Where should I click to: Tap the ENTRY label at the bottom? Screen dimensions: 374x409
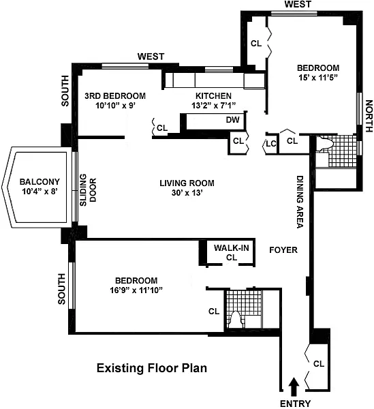pos(295,404)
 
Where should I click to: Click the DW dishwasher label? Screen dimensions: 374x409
pos(232,120)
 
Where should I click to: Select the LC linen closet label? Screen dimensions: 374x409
pos(270,143)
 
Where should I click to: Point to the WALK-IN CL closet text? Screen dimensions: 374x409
pos(232,252)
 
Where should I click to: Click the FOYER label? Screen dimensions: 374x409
pos(283,250)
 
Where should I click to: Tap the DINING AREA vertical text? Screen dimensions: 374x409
pos(300,202)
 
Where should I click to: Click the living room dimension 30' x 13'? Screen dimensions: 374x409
pos(187,193)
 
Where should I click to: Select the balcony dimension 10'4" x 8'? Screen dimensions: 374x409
pos(40,192)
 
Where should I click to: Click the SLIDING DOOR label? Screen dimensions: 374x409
pos(88,190)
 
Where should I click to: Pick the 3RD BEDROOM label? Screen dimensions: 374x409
pos(115,95)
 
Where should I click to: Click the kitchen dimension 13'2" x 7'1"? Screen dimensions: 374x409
pos(213,106)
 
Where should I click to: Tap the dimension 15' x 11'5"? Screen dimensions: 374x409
pos(318,78)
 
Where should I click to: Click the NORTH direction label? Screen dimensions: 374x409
pos(369,116)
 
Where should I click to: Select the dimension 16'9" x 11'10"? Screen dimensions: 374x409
pos(136,290)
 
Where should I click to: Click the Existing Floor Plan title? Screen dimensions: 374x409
pos(152,368)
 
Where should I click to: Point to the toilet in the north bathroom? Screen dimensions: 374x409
pos(324,143)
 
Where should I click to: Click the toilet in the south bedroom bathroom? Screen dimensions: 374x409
pos(236,319)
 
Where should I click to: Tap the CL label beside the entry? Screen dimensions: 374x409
pos(319,363)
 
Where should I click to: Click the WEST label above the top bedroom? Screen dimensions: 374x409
pos(298,4)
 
